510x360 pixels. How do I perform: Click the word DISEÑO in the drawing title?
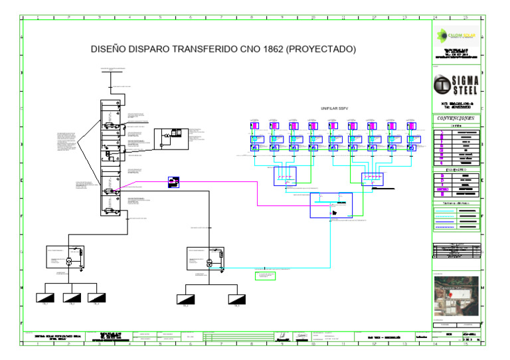pos(109,50)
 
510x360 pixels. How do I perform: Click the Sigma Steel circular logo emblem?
pos(442,85)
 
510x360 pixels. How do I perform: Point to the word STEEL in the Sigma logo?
pos(465,91)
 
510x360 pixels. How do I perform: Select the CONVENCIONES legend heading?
pos(456,118)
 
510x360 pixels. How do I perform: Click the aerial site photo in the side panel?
pos(456,296)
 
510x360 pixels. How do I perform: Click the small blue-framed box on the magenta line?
pos(173,181)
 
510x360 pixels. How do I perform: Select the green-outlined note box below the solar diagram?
pos(265,274)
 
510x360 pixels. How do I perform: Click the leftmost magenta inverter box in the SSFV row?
pos(255,126)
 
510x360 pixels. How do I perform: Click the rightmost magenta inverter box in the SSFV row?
pos(412,126)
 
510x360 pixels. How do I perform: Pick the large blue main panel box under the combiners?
pos(331,205)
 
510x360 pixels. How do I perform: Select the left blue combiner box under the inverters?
pos(286,177)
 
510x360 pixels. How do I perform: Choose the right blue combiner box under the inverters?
pos(372,179)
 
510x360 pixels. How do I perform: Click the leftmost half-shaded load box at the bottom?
pos(44,298)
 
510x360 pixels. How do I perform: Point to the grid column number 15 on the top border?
pos(465,17)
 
